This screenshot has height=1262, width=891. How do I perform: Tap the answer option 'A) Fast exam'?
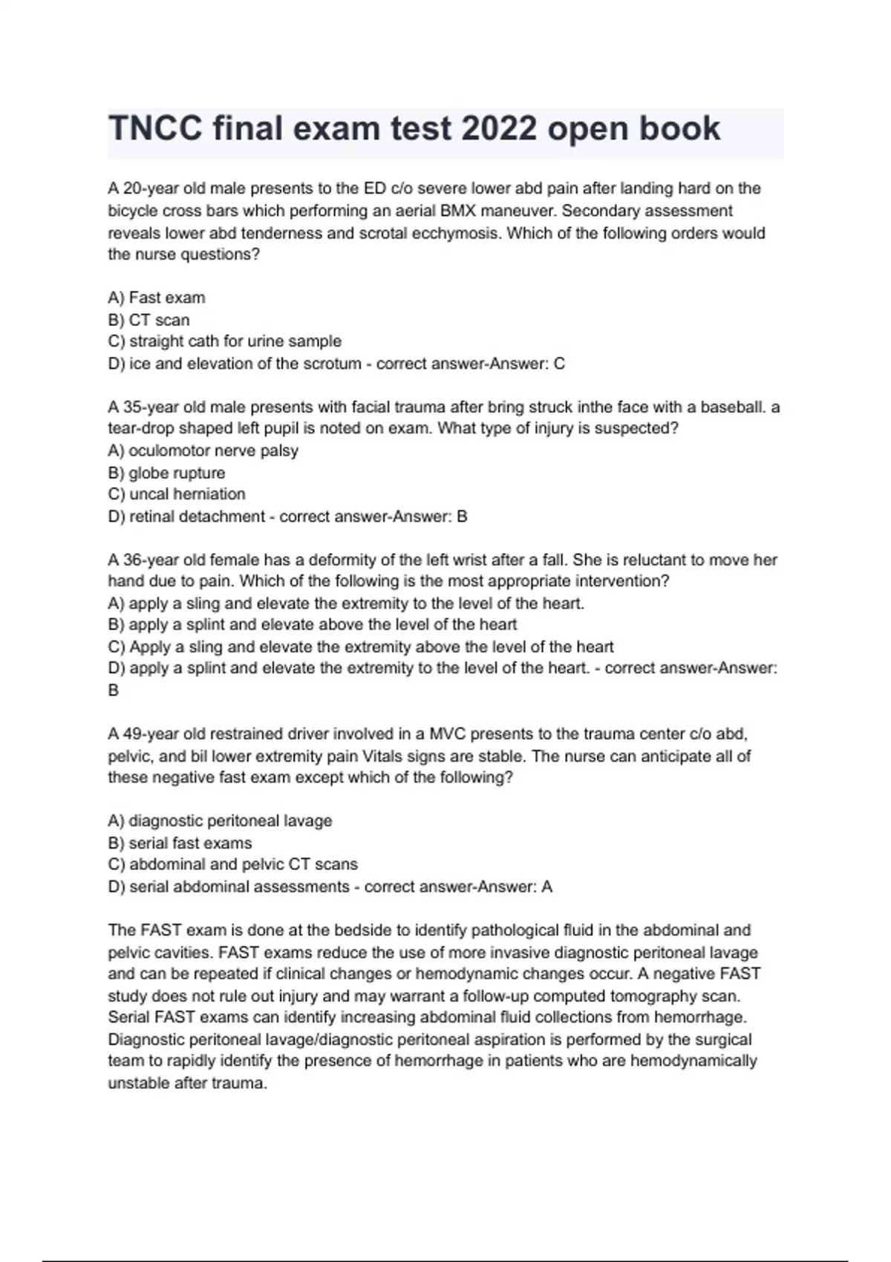[157, 298]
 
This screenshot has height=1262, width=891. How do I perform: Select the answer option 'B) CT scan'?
[148, 320]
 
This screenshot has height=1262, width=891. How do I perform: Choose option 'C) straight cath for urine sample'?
[225, 341]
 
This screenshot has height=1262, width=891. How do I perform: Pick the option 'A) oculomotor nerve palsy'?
[203, 451]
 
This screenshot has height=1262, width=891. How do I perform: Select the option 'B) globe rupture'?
[166, 473]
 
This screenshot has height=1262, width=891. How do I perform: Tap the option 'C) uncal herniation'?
[177, 494]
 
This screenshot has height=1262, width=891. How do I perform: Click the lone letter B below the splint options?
[114, 690]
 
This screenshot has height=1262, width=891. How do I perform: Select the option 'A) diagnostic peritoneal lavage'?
[220, 821]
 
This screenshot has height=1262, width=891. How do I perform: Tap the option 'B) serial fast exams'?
[180, 843]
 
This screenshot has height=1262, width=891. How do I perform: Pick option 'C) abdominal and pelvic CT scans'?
[232, 865]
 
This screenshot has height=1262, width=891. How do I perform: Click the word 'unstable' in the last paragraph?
[139, 1083]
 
